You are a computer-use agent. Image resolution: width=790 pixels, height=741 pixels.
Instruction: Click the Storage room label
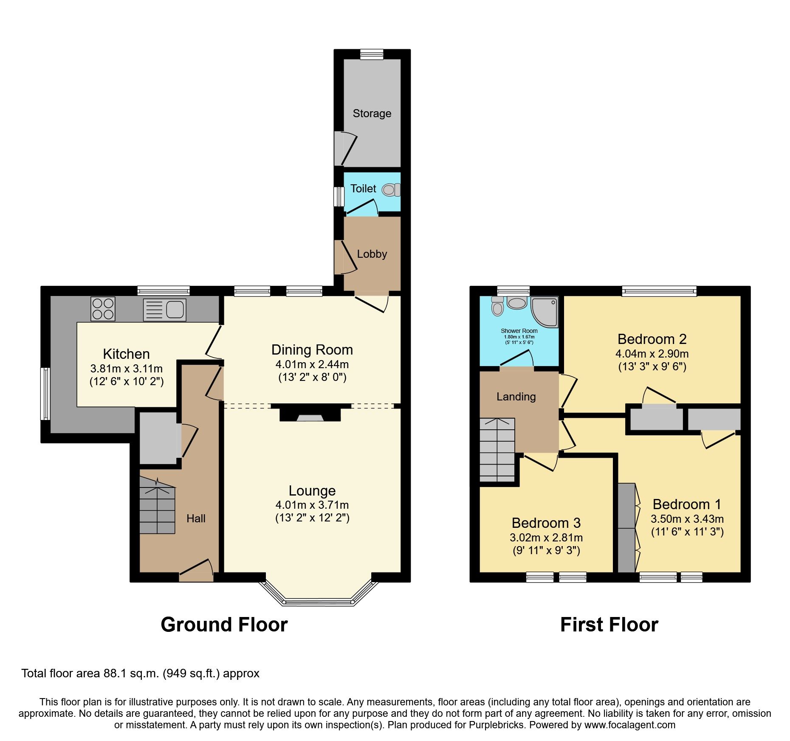click(x=372, y=113)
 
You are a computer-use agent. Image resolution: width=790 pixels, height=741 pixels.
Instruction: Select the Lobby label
click(x=372, y=254)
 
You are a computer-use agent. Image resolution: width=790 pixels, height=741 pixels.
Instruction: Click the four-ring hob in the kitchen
click(x=103, y=309)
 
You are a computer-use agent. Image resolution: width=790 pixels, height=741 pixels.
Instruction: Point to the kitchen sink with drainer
click(x=165, y=310)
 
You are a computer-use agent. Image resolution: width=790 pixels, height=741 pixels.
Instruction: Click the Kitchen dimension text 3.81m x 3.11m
click(x=126, y=369)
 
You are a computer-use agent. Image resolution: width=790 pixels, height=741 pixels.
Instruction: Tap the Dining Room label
click(x=312, y=350)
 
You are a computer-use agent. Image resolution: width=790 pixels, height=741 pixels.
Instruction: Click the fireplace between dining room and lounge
click(x=310, y=414)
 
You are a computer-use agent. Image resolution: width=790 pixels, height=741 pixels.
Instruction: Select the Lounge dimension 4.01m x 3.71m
click(x=312, y=505)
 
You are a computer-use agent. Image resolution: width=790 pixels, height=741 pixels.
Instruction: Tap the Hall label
click(x=196, y=518)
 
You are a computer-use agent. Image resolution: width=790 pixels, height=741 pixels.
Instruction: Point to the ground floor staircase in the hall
click(x=157, y=510)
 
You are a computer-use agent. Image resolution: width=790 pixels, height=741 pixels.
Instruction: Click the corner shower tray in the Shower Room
click(x=545, y=311)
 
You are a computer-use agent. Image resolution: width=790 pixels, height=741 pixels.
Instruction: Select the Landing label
click(x=516, y=397)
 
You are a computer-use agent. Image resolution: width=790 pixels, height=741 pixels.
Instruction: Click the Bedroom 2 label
click(x=652, y=339)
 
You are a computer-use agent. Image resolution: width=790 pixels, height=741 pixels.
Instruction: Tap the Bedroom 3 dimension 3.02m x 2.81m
click(x=546, y=538)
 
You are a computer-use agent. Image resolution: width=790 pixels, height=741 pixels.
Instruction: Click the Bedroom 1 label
click(x=687, y=504)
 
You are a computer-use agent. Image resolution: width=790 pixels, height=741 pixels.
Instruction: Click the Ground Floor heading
click(x=224, y=625)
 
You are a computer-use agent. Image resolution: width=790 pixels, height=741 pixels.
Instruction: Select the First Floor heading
click(x=609, y=625)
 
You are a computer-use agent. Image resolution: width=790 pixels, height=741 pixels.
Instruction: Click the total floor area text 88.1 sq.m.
click(x=140, y=673)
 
